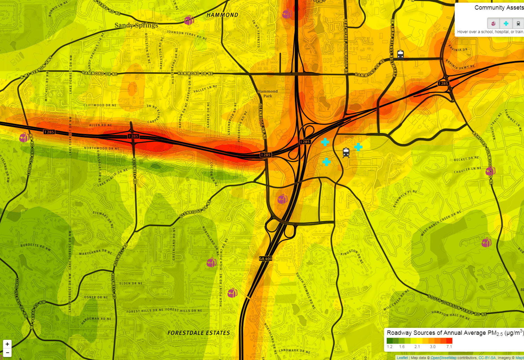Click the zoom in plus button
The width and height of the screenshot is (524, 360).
coord(7,344)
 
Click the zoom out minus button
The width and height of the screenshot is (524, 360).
coord(7,353)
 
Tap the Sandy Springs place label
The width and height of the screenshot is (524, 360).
coord(136,25)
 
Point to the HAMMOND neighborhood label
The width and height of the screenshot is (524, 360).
coord(222,15)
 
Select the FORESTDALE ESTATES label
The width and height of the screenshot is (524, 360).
coord(199,333)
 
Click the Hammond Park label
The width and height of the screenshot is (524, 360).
coord(268,94)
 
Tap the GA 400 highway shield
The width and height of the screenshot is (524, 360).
coord(265,259)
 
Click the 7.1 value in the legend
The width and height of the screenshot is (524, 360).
coord(449,347)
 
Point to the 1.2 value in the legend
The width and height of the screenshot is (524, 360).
coord(390,347)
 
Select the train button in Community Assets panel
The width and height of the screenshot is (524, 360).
coord(518,24)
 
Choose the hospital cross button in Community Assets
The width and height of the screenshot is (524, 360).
coord(506,24)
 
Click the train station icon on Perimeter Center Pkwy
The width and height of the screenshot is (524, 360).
coord(400,54)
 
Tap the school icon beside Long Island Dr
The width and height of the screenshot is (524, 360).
coord(24,137)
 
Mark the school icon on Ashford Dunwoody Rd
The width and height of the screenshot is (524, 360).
coord(490,171)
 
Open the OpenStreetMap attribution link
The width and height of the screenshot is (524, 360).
coord(444,358)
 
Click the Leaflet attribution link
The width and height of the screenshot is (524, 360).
coord(402,358)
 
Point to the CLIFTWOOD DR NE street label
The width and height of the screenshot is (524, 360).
coord(100,105)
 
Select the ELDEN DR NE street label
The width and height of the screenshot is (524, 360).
coord(131,284)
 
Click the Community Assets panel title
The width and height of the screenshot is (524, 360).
coord(498,8)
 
